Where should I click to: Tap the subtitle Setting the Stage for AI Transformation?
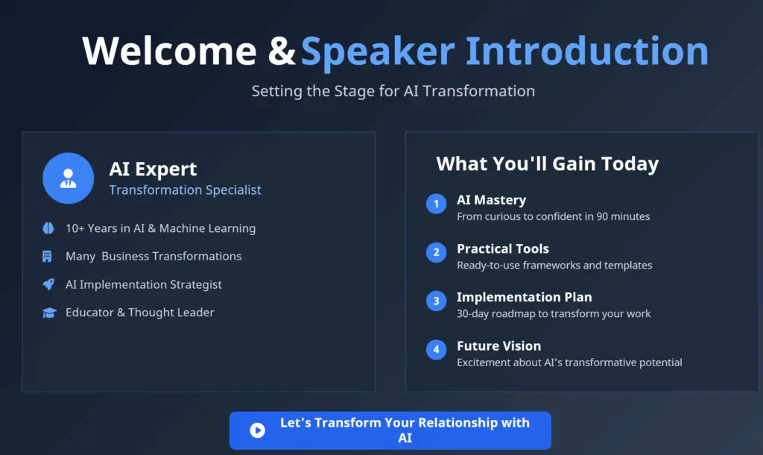pyautogui.click(x=393, y=91)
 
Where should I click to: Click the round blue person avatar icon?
pyautogui.click(x=68, y=178)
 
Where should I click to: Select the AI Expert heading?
pyautogui.click(x=153, y=169)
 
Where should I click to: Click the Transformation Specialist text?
pyautogui.click(x=185, y=189)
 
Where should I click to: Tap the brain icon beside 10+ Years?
pyautogui.click(x=48, y=228)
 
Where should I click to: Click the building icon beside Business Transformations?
pyautogui.click(x=48, y=256)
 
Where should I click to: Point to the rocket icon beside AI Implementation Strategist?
pyautogui.click(x=48, y=284)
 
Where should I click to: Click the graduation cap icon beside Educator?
pyautogui.click(x=48, y=313)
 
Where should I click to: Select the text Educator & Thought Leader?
pyautogui.click(x=139, y=313)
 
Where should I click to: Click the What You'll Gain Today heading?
pyautogui.click(x=547, y=164)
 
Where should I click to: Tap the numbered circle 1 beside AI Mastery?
pyautogui.click(x=436, y=204)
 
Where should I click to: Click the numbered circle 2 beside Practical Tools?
pyautogui.click(x=436, y=252)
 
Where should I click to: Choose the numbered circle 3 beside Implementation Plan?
pyautogui.click(x=436, y=301)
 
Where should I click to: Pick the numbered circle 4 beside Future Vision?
pyautogui.click(x=436, y=349)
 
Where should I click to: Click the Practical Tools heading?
pyautogui.click(x=502, y=248)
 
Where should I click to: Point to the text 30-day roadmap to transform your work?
pyautogui.click(x=553, y=313)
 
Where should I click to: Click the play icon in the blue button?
pyautogui.click(x=257, y=430)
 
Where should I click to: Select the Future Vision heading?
pyautogui.click(x=498, y=346)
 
